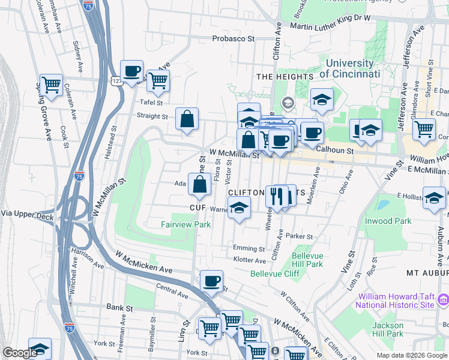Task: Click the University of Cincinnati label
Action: tap(349, 68)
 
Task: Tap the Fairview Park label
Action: tap(185, 224)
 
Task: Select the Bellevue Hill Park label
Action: tap(307, 260)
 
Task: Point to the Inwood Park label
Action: tap(388, 221)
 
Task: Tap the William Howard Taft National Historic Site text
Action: tap(396, 301)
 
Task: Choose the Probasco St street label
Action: tap(234, 38)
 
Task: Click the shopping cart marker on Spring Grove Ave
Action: tap(52, 84)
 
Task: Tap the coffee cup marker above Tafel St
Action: tap(131, 71)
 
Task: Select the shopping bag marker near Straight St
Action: tap(187, 118)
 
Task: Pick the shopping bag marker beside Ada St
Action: tap(199, 184)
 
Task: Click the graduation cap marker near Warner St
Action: tap(239, 208)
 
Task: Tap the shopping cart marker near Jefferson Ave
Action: tap(424, 128)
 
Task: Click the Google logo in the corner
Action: tap(20, 353)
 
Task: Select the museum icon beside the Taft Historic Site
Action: tap(444, 299)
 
